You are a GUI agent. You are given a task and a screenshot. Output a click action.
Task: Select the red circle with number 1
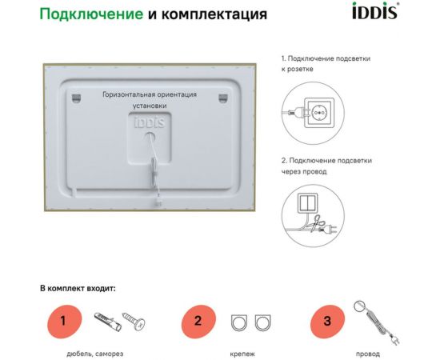(62, 322)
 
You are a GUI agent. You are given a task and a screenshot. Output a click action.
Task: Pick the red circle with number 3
(326, 322)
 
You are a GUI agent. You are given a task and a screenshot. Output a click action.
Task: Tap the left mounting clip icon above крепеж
(239, 323)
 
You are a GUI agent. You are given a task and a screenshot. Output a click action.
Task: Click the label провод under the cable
(368, 353)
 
